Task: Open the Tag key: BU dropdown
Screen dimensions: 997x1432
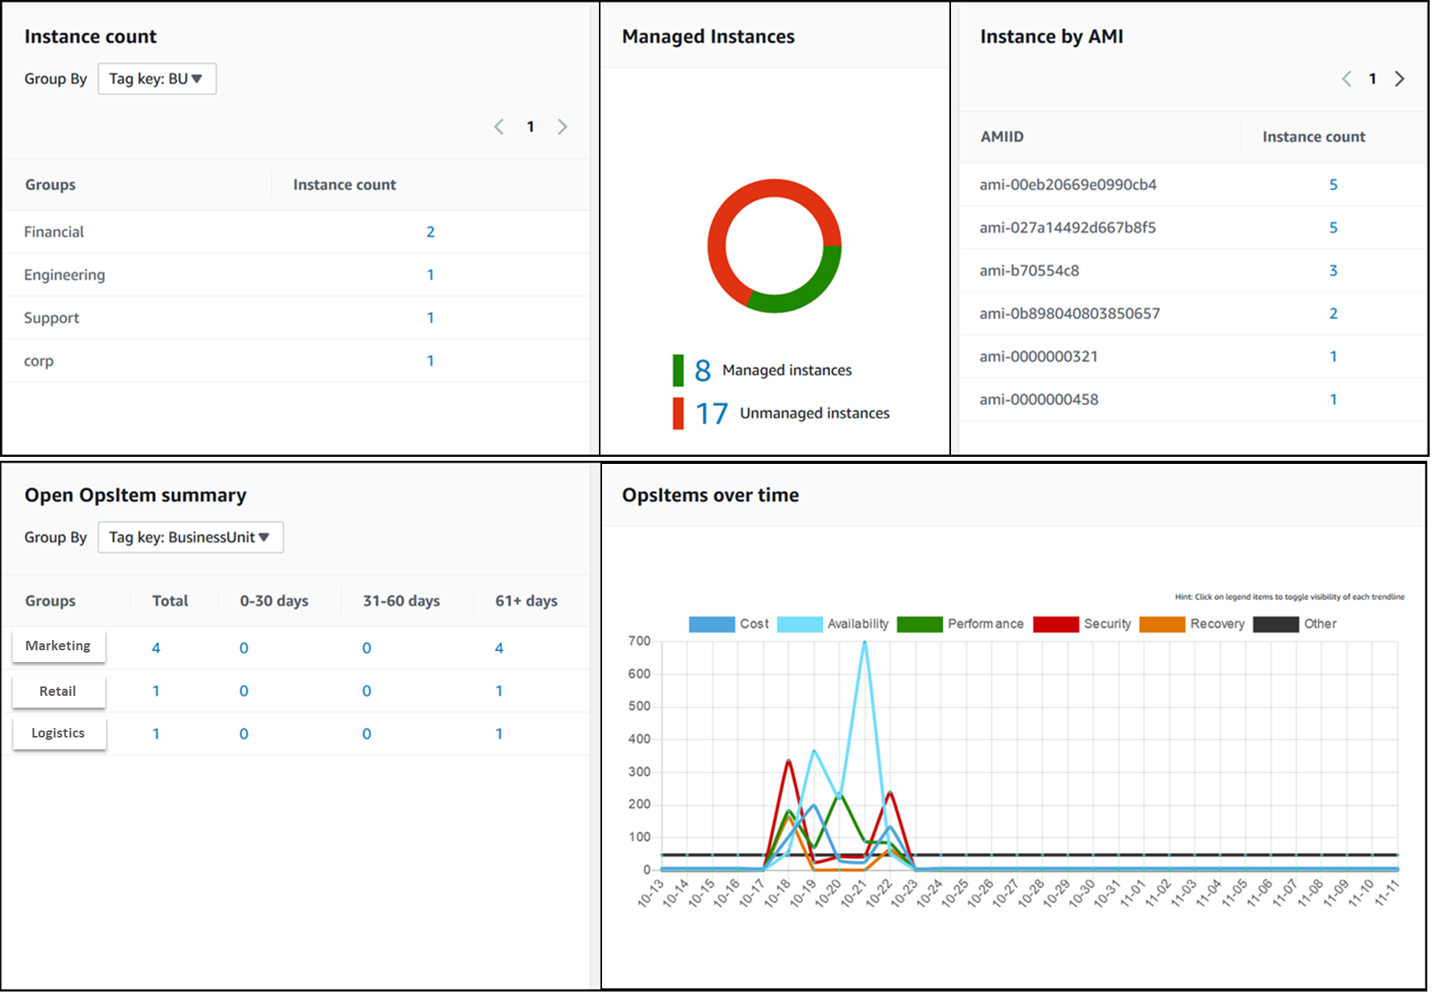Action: click(156, 79)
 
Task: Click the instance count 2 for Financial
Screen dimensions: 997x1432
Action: click(430, 232)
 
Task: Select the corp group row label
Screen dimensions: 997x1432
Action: click(39, 361)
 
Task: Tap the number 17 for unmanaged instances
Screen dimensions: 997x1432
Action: click(711, 414)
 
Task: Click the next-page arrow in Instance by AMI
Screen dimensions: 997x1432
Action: click(1399, 79)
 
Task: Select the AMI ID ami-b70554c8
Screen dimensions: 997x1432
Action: click(1029, 270)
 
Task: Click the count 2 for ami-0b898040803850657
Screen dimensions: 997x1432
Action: click(1333, 314)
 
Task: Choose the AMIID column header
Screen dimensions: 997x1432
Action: click(1001, 137)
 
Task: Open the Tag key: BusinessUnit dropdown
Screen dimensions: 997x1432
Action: click(190, 537)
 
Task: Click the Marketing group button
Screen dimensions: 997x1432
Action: click(58, 646)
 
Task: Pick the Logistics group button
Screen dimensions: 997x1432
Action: click(58, 733)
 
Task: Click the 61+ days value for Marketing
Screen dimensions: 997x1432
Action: click(498, 648)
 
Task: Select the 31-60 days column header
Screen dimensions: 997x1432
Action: click(401, 601)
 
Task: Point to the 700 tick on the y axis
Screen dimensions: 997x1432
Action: click(639, 641)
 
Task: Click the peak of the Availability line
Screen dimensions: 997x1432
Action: click(865, 642)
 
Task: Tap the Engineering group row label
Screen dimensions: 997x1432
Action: click(64, 275)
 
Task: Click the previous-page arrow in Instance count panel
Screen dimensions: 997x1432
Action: click(499, 127)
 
